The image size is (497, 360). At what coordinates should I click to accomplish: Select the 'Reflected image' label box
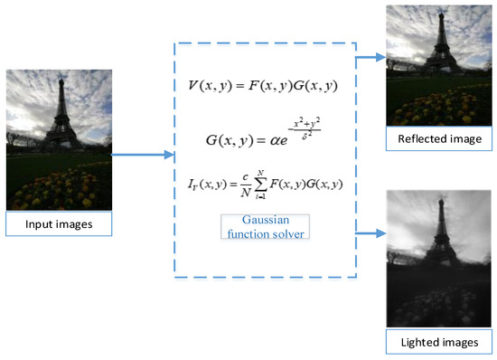pyautogui.click(x=438, y=139)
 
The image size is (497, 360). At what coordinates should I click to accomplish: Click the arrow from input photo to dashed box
pyautogui.click(x=142, y=156)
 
